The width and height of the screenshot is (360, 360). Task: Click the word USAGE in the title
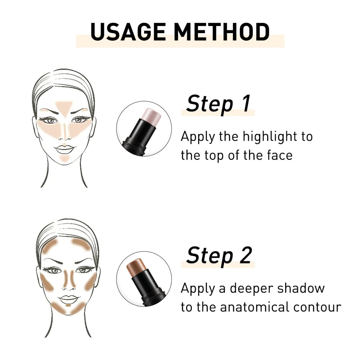pos(128,32)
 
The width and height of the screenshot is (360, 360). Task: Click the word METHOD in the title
pos(221,32)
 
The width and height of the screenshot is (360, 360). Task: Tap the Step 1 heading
pos(219,104)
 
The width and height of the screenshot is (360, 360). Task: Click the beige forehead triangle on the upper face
pos(64,108)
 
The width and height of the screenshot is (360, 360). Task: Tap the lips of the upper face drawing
pos(64,149)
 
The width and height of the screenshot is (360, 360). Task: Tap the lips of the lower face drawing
pos(68,300)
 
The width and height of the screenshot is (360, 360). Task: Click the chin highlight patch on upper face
pos(64,159)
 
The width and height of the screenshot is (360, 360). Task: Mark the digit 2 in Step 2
pos(246,255)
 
